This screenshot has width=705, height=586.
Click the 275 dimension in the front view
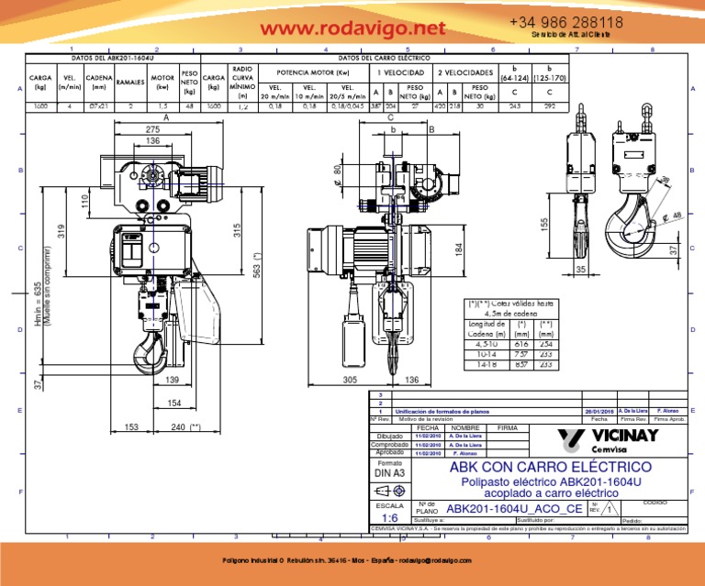[x=152, y=131]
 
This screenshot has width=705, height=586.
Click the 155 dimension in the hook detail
[x=544, y=223]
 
